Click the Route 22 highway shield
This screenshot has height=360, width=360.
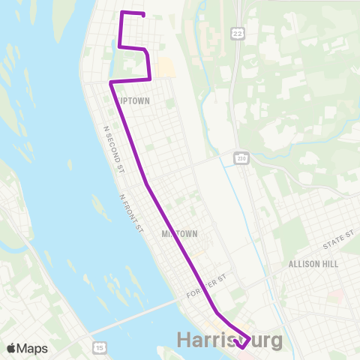238,34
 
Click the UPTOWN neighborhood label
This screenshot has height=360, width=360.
133,100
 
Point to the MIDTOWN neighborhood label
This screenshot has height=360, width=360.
179,234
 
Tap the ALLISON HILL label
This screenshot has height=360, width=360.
313,264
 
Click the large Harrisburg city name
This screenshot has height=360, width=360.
230,340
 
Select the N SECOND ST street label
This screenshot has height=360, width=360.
113,150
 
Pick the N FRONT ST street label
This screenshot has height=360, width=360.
130,214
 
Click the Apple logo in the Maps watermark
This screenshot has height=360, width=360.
11,347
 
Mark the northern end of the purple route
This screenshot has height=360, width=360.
142,14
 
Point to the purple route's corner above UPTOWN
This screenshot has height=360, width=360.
111,81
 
